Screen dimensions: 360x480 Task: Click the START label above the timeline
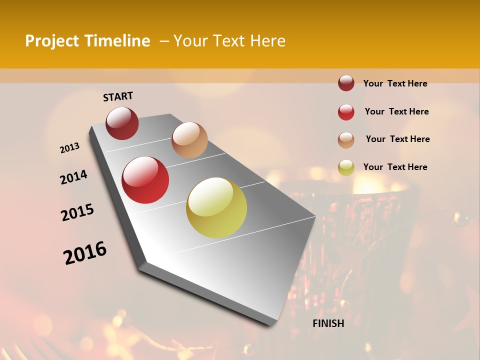click(118, 96)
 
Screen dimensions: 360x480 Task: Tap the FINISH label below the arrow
click(328, 323)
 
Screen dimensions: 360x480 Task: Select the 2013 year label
click(70, 148)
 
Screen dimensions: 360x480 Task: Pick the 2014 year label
click(73, 177)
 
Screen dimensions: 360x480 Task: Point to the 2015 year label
click(77, 212)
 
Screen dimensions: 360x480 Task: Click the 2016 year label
click(85, 253)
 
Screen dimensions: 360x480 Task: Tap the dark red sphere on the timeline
click(122, 123)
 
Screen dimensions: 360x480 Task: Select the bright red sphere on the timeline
click(145, 180)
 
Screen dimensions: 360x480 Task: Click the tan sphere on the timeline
click(189, 140)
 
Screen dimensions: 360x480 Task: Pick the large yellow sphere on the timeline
click(216, 207)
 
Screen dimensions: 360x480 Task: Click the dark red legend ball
click(346, 83)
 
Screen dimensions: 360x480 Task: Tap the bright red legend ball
click(346, 112)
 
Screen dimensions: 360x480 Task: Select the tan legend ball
click(346, 140)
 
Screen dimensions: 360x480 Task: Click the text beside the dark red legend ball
click(395, 83)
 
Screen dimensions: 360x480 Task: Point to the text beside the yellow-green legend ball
click(395, 167)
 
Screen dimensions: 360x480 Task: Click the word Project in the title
click(51, 41)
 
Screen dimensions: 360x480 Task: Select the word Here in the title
click(267, 41)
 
